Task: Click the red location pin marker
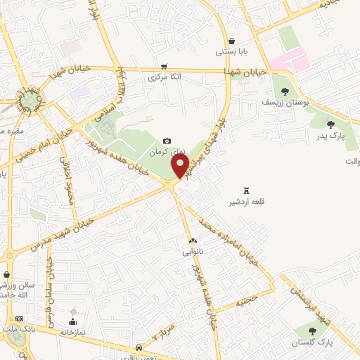point(180,166)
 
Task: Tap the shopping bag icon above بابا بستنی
point(232,41)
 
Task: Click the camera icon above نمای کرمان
point(167,141)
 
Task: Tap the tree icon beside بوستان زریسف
point(285,91)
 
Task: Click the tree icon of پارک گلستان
point(311,330)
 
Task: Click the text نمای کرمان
point(167,153)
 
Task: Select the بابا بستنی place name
point(232,52)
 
